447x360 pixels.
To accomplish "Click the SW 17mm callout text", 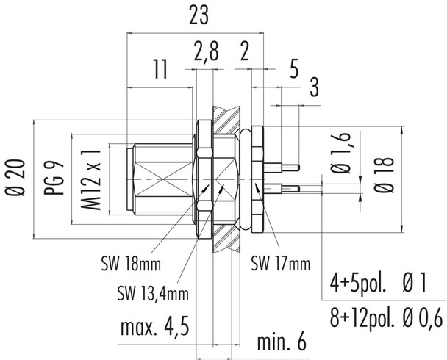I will [279, 262].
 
